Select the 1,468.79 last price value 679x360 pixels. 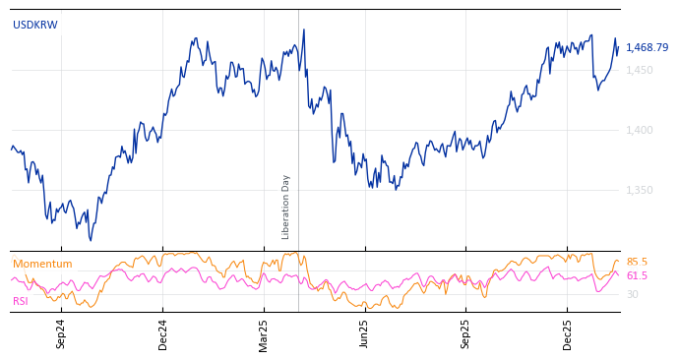tap(647, 47)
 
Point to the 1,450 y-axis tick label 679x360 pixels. tap(639, 70)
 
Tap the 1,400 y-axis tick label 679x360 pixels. tap(639, 130)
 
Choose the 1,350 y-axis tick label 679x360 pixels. tap(639, 190)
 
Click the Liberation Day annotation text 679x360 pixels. tap(286, 207)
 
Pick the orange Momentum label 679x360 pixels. tap(42, 264)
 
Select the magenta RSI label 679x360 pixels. tap(21, 301)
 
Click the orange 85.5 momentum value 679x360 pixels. tap(637, 262)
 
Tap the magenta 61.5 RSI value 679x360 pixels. tap(637, 276)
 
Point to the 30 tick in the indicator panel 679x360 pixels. tap(632, 294)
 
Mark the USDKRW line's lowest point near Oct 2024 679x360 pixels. tap(91, 240)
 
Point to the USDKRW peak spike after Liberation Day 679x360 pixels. tap(304, 30)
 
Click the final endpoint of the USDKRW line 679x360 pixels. tap(619, 45)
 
